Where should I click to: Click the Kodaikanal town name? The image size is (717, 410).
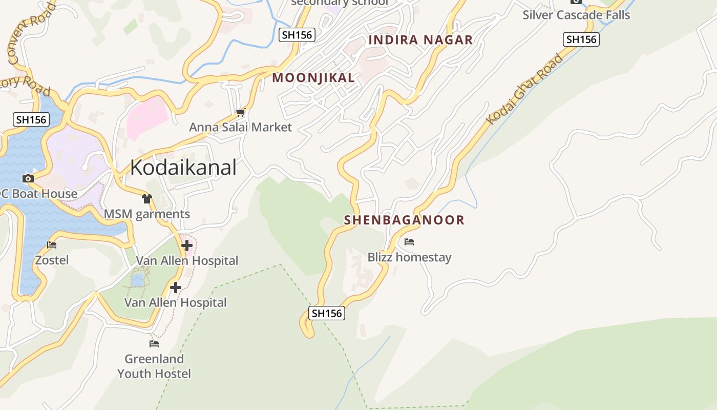click(x=183, y=168)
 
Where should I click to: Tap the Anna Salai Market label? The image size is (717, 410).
click(x=240, y=127)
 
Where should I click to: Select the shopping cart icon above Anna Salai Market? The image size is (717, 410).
click(x=240, y=112)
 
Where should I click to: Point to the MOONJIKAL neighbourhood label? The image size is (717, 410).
click(x=313, y=78)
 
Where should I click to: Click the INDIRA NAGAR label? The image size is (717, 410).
click(x=420, y=40)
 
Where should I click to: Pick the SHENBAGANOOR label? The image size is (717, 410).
click(x=404, y=220)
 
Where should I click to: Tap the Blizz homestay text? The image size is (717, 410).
click(x=409, y=257)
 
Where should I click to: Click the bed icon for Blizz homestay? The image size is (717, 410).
click(x=409, y=242)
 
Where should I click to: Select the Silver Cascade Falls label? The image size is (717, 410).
click(x=576, y=15)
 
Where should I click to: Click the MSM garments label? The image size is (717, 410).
click(x=147, y=214)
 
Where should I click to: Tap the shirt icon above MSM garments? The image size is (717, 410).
click(x=147, y=199)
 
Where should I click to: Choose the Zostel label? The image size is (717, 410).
click(x=52, y=260)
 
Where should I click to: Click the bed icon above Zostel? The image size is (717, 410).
click(x=52, y=245)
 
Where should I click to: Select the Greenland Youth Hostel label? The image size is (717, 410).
click(x=154, y=366)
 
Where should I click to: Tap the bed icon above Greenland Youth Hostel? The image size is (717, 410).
click(x=154, y=343)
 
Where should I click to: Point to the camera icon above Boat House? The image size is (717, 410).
click(x=28, y=178)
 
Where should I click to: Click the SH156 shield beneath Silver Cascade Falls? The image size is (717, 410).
click(x=581, y=39)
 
